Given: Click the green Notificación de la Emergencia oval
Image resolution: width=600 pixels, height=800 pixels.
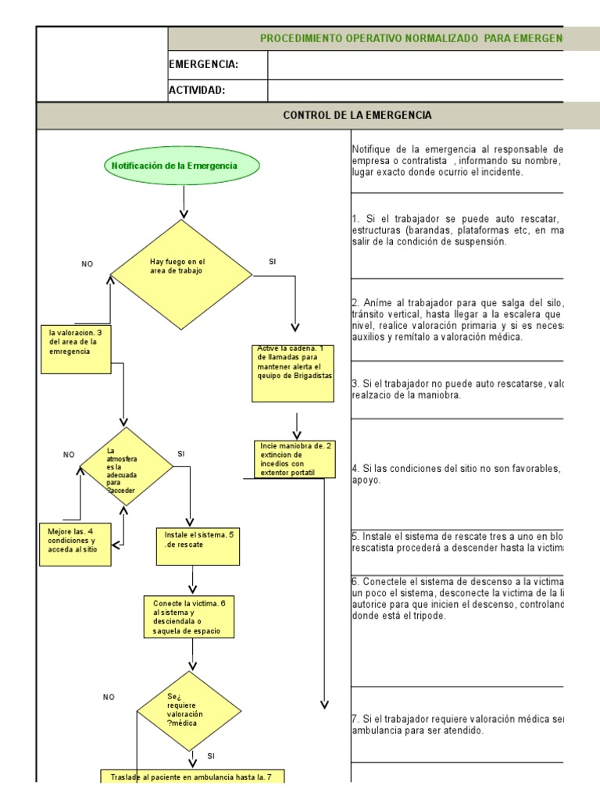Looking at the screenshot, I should [182, 166].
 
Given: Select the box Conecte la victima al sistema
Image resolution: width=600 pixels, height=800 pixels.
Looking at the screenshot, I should [188, 616].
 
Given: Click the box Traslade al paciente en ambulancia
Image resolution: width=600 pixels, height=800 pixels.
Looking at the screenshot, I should [191, 776].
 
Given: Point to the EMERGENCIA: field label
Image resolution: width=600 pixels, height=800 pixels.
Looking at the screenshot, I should [204, 65].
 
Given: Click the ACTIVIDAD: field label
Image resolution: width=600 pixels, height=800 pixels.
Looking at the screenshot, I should [198, 90].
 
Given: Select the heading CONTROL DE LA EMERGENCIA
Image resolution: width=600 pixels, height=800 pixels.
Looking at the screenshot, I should [357, 116].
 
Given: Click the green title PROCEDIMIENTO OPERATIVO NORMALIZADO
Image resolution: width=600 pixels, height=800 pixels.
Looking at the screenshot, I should [411, 38].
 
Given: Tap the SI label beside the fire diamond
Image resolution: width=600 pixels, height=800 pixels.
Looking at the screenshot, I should [273, 262].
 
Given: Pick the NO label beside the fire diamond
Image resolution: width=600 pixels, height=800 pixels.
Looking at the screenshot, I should [87, 264].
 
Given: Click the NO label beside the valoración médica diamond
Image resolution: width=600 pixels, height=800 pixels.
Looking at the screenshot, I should [109, 697].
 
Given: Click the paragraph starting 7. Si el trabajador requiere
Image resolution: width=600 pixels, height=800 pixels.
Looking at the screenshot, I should [457, 724].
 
